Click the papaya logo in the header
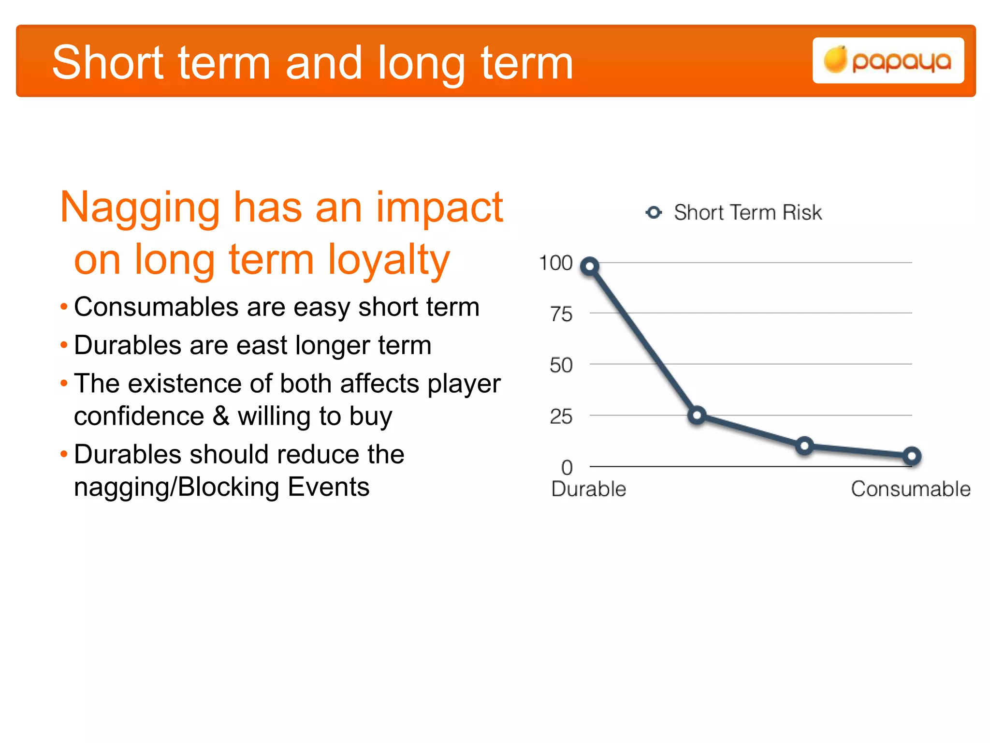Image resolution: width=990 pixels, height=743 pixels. click(x=888, y=61)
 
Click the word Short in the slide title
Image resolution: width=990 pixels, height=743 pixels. click(x=108, y=63)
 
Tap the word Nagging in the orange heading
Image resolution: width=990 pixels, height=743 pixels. click(x=140, y=208)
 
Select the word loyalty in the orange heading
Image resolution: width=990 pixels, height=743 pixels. click(x=389, y=260)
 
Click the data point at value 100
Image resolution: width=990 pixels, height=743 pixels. click(x=590, y=266)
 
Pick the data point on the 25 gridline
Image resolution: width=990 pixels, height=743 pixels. click(x=697, y=415)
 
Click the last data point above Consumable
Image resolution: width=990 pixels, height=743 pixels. click(x=912, y=456)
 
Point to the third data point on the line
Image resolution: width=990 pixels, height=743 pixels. click(x=804, y=446)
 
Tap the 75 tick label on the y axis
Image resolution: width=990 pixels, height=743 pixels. click(x=561, y=315)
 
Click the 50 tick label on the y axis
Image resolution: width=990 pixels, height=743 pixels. click(x=561, y=366)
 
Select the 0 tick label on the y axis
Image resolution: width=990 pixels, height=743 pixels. click(x=567, y=468)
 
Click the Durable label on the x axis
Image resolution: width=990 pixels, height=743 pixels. click(x=588, y=489)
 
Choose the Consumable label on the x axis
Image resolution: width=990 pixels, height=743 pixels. click(x=911, y=489)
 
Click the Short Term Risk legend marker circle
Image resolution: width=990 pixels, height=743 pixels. click(x=654, y=212)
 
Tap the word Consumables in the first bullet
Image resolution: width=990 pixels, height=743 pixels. click(x=156, y=307)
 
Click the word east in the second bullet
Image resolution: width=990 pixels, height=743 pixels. click(x=262, y=345)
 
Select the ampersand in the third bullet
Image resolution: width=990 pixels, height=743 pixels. click(x=221, y=416)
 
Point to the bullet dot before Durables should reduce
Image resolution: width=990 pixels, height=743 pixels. click(x=64, y=454)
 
